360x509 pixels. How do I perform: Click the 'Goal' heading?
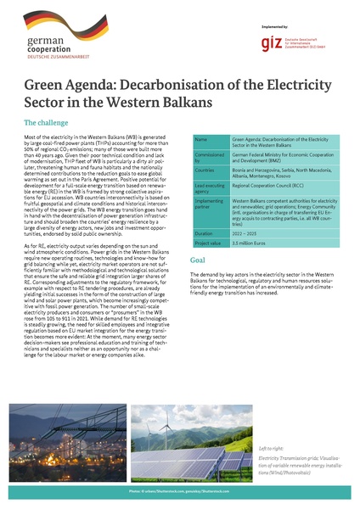click(x=197, y=259)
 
